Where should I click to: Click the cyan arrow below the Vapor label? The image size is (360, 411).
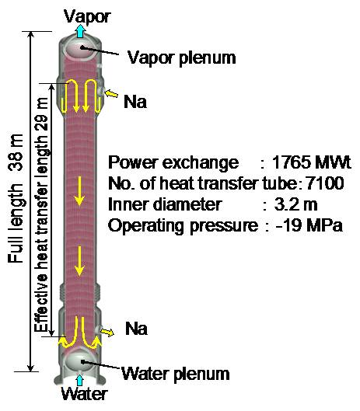coord(81,31)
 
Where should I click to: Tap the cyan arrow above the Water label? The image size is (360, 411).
coord(79,380)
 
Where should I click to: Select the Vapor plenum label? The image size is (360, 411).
coord(181,58)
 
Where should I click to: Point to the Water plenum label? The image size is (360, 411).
coord(176,374)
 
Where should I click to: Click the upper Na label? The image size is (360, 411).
coord(135,102)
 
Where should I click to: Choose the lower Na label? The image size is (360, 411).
coord(136,328)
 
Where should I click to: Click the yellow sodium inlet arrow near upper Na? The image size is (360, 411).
coord(111,93)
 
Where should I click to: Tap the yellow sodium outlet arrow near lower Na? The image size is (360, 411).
coord(107,332)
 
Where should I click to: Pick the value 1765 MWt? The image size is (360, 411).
coord(312,162)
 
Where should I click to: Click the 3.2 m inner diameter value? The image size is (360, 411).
coord(295,204)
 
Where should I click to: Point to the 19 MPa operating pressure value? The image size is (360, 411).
coord(309,225)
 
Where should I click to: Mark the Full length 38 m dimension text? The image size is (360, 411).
coord(16,198)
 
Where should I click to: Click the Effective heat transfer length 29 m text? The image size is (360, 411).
coord(41,214)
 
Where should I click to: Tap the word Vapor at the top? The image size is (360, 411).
coord(87,17)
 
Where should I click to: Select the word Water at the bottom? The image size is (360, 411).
coord(84,394)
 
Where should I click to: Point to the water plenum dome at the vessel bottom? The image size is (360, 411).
coord(80,360)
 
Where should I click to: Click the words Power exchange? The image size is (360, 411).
coord(173,162)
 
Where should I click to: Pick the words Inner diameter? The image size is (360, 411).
coord(165,204)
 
